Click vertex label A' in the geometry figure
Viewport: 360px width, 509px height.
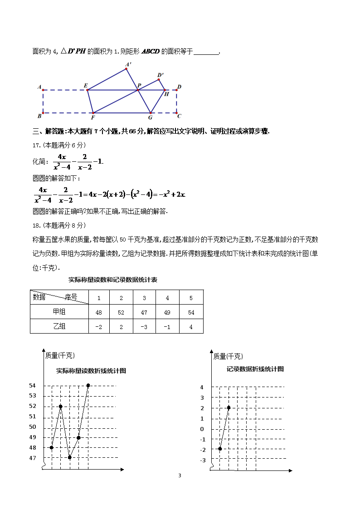[129, 64]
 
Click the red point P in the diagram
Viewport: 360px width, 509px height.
[138, 90]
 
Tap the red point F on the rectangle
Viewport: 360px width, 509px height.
[93, 113]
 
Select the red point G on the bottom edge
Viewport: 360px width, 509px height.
[151, 113]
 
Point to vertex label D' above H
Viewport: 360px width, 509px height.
[161, 75]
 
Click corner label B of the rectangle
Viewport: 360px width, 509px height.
[39, 116]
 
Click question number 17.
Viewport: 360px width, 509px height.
[37, 145]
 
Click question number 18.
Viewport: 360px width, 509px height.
[37, 225]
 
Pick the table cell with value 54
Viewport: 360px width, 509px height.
[191, 312]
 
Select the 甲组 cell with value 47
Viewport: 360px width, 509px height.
[144, 312]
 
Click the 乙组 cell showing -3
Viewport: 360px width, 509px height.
[144, 327]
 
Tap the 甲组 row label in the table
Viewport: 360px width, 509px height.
[59, 312]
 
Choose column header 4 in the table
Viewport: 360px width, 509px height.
[167, 298]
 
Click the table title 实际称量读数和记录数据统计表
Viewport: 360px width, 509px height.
[113, 280]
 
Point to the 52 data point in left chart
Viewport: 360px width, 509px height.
[61, 407]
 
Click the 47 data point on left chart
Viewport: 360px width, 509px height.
[70, 457]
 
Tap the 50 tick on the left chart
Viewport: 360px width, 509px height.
[32, 427]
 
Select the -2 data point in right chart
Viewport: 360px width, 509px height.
[220, 449]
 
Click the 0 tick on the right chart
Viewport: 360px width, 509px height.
[202, 429]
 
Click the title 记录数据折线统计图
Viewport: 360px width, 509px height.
[255, 369]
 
